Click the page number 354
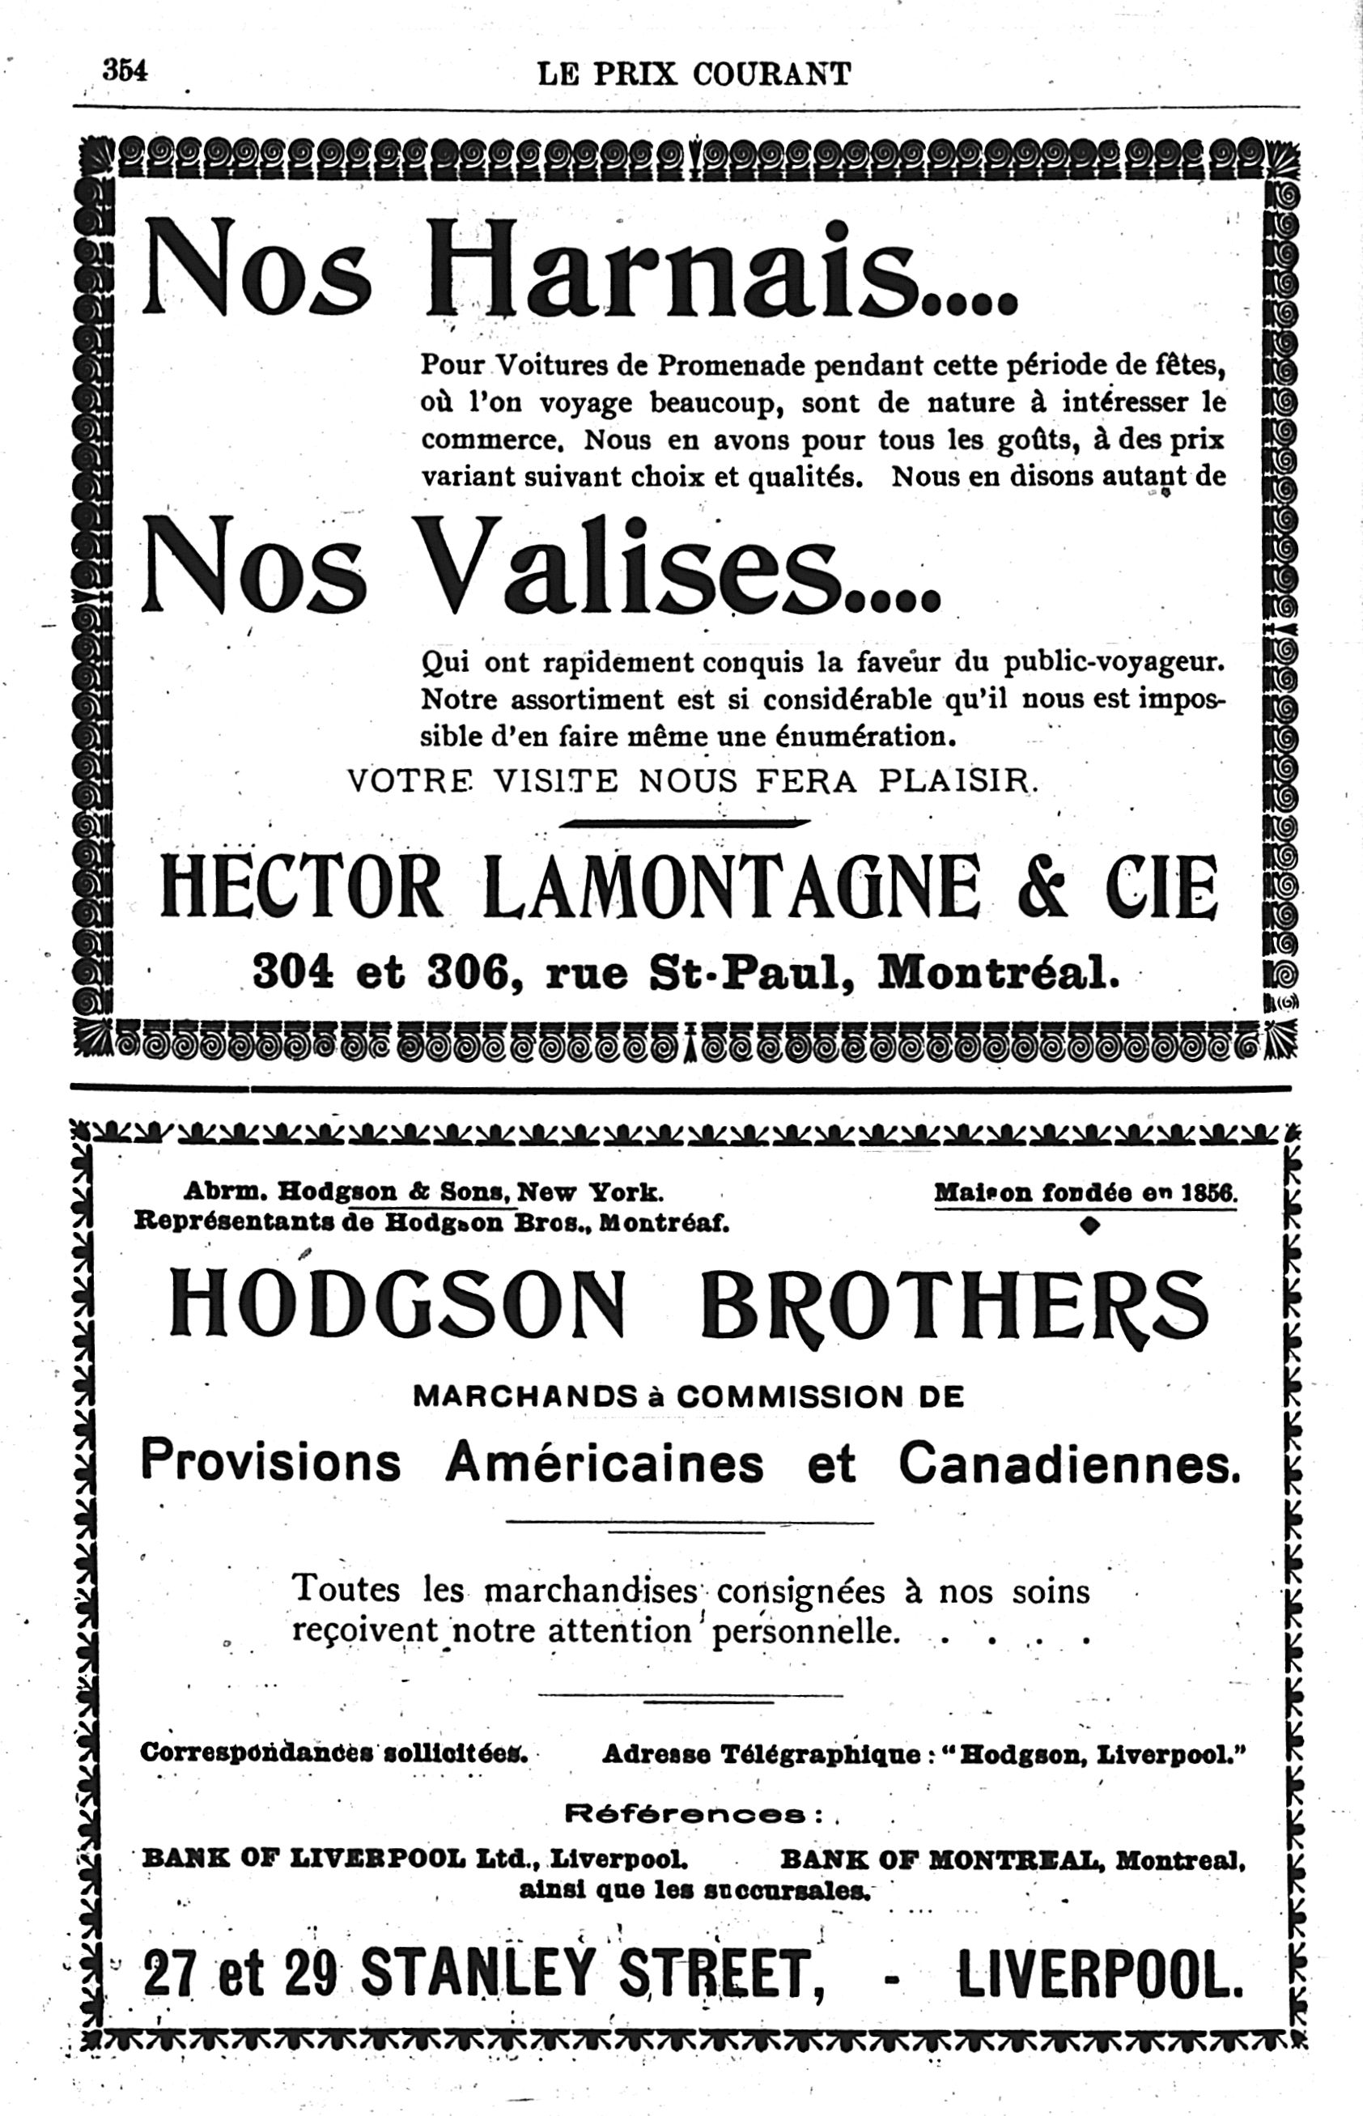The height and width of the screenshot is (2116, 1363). click(x=125, y=70)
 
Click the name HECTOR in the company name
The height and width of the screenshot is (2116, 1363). click(x=301, y=886)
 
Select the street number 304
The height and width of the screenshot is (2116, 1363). click(x=293, y=972)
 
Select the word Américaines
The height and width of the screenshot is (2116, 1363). click(x=604, y=1464)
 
